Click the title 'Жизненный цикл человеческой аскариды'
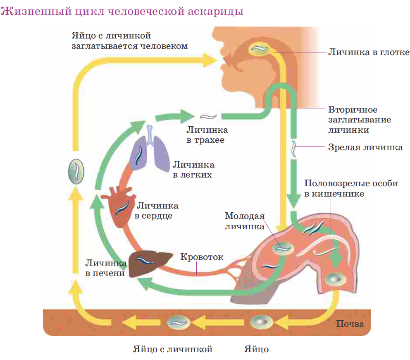point(122,11)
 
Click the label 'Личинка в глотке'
point(369,53)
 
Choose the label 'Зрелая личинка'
point(365,147)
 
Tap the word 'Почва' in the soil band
point(350,324)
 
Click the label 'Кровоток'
point(202,257)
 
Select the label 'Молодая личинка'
point(244,221)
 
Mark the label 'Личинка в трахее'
point(207,135)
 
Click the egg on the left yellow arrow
point(76,173)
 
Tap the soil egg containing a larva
point(178,322)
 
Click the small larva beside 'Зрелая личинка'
point(293,149)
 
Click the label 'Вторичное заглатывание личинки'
point(359,120)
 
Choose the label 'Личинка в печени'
point(105,268)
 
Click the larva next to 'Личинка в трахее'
point(207,117)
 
